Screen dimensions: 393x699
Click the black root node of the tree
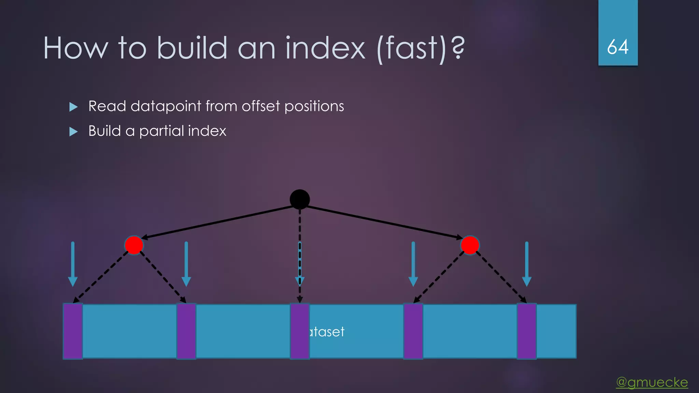coord(300,199)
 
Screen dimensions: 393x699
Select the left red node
coord(134,245)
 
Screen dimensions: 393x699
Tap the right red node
coord(470,245)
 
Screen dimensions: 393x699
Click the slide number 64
coord(618,47)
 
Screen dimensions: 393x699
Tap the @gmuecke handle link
coord(652,382)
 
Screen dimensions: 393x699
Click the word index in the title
coord(325,48)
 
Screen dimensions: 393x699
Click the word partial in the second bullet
coord(161,131)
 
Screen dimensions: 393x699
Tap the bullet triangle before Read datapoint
coord(73,107)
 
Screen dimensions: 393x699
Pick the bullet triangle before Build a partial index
coord(73,132)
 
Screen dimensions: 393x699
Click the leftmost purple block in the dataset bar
coord(73,331)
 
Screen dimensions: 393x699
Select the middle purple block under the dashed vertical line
coord(300,331)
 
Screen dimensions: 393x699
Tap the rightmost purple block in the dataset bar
coord(527,331)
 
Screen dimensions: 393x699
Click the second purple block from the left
coord(186,331)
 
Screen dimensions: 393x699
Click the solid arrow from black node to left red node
coord(218,222)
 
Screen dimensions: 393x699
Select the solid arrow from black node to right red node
coord(382,222)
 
